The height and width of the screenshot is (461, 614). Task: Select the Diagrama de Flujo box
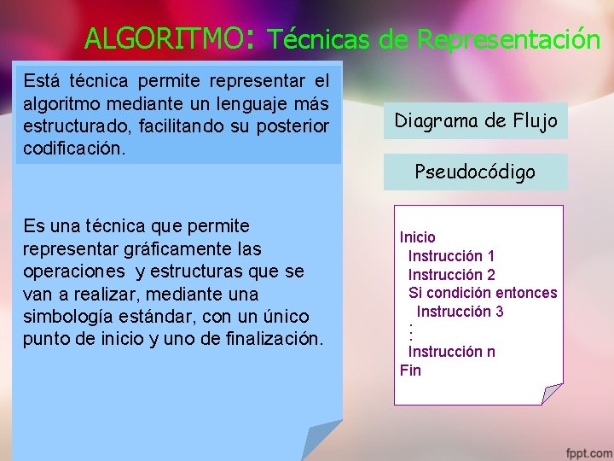pos(475,120)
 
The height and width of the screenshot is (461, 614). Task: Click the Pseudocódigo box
pos(475,172)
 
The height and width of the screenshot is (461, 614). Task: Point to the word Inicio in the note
pos(418,237)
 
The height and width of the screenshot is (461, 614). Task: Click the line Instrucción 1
pos(451,256)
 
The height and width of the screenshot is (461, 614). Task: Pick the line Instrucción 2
pos(451,275)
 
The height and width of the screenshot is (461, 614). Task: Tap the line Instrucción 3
pos(460,312)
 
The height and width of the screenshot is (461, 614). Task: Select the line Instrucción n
pos(451,352)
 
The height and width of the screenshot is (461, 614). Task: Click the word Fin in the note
pos(410,371)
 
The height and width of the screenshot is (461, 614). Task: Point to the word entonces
pos(526,293)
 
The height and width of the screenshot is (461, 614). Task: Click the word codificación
pos(74,149)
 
